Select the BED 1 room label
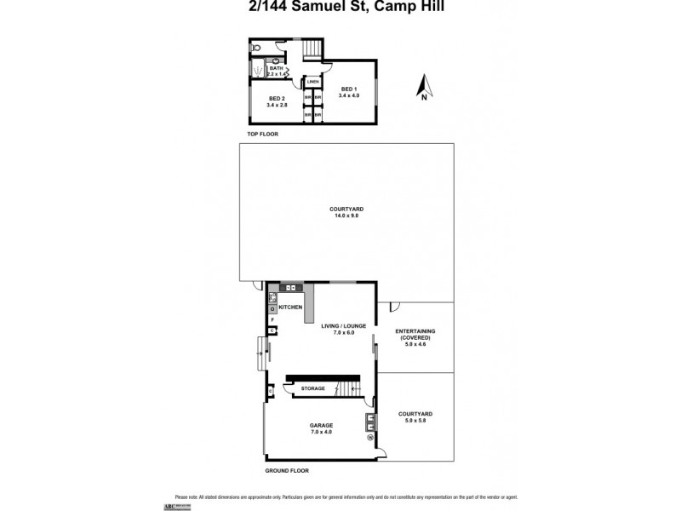[x=349, y=89]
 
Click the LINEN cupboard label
[x=313, y=82]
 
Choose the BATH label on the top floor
[x=276, y=68]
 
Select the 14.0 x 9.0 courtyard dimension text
[x=346, y=215]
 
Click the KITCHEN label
[x=290, y=307]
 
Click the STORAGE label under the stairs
[x=313, y=388]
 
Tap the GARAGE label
[x=321, y=425]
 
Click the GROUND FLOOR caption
[x=286, y=470]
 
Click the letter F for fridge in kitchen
[x=272, y=319]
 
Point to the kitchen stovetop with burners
[x=272, y=297]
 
